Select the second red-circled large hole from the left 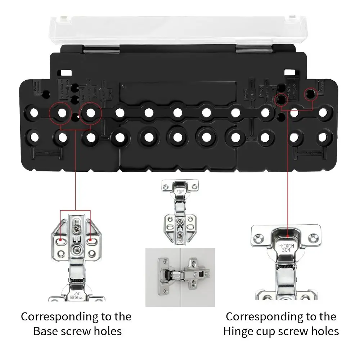(x=91, y=112)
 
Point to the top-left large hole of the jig (x=34, y=112)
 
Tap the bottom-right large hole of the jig (x=323, y=137)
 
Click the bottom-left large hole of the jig (x=34, y=137)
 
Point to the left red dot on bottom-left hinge (x=62, y=240)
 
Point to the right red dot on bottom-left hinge (x=90, y=240)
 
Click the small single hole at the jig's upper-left (x=46, y=94)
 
